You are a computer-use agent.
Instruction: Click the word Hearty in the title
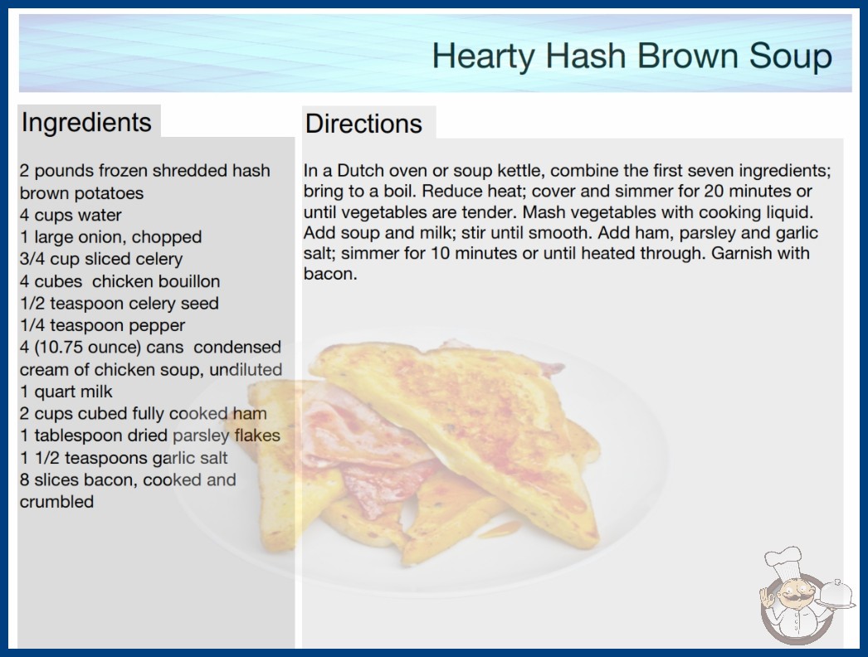[x=482, y=56]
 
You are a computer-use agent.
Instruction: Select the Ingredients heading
[x=86, y=123]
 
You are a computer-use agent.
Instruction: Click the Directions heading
[x=363, y=124]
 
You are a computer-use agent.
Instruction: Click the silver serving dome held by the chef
[x=836, y=594]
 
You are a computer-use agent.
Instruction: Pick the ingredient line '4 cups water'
[x=71, y=215]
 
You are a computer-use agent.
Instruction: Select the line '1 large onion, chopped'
[x=110, y=237]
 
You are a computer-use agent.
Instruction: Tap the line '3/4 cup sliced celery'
[x=101, y=259]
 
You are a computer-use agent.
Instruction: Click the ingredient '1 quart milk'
[x=66, y=392]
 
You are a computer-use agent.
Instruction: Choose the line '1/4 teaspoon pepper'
[x=102, y=325]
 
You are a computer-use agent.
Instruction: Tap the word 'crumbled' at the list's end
[x=56, y=502]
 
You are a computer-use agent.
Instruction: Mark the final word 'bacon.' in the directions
[x=330, y=274]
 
